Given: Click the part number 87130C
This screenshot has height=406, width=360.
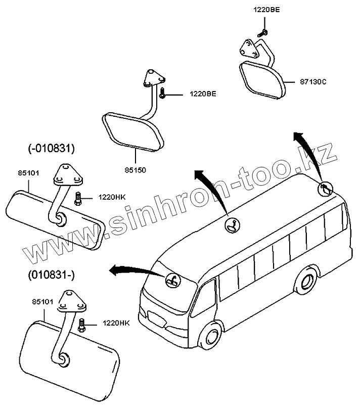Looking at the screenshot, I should coord(313,81).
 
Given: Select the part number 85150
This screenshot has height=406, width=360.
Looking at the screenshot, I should coord(136,170).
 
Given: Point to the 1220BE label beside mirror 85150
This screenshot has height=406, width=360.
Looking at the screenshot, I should coord(203,94).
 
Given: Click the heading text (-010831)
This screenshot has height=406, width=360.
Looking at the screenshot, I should coord(51,148).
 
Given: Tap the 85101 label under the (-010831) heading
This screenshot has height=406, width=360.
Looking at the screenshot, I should coord(28,173).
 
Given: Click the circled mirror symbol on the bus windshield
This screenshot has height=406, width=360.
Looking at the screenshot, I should coord(172,280).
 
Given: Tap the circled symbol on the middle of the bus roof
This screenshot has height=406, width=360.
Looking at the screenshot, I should coord(233,225).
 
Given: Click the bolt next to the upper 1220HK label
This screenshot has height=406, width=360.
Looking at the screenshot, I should coord(78,198).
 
